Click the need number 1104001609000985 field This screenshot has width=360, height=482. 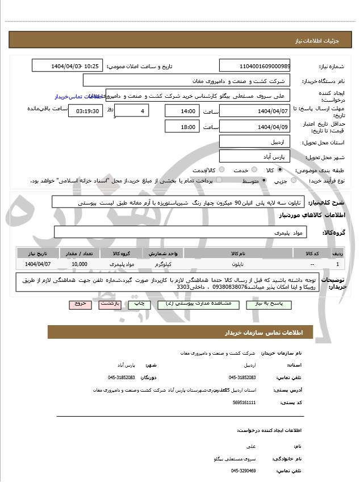(254, 66)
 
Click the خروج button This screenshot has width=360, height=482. (80, 304)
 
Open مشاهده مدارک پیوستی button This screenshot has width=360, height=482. (198, 304)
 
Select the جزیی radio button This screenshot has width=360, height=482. (293, 181)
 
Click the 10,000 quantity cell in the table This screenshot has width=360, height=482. (80, 264)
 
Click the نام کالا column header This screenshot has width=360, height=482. (238, 254)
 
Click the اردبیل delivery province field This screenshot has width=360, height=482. (254, 142)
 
